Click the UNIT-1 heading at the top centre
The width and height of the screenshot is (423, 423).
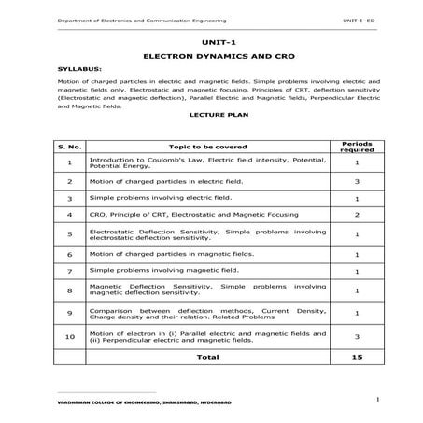pos(213,42)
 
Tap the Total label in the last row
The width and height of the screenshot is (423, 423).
pos(207,356)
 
